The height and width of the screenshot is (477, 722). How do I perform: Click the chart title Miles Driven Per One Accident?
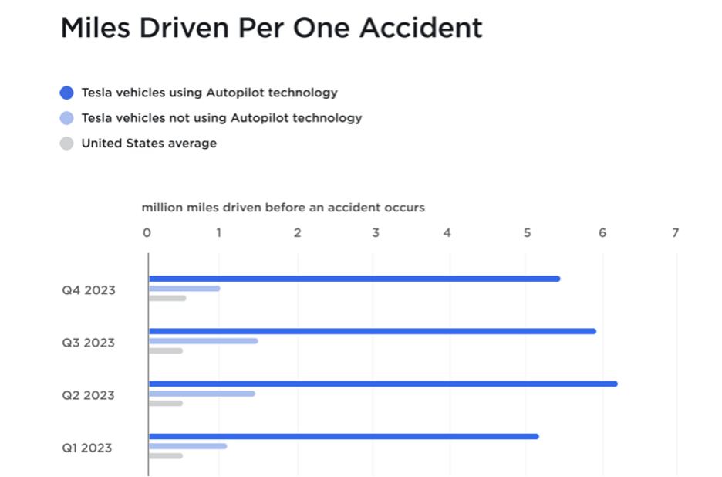pos(272,29)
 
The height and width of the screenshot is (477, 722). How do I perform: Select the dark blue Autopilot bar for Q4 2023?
pos(354,279)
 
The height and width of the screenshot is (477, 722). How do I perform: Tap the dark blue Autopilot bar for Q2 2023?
pos(383,384)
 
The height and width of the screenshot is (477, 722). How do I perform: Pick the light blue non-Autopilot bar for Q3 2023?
pos(203,341)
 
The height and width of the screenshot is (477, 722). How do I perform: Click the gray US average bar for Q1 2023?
pos(166,455)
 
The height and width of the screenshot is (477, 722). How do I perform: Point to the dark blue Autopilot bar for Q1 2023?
pos(343,436)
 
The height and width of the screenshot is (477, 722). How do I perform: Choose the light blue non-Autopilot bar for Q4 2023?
pos(184,289)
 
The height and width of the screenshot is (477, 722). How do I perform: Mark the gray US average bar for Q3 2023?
pos(166,350)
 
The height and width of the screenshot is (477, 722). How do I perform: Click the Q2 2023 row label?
pos(89,395)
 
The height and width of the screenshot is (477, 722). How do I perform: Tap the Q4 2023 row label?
pos(89,290)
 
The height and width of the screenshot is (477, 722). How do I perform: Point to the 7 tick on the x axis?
pos(676,233)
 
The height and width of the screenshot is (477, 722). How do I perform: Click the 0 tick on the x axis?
pos(147,233)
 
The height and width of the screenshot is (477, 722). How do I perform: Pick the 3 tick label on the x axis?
pos(375,233)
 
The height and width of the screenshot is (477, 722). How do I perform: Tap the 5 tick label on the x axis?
pos(527,233)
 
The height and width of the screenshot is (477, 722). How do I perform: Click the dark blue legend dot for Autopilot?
pos(66,93)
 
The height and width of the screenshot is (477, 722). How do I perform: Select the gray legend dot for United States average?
pos(66,144)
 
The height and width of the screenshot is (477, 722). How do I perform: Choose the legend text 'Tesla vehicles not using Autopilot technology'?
pos(221,118)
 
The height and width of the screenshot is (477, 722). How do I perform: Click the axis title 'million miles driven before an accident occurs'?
pos(283,208)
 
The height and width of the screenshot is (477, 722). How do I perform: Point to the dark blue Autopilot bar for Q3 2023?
pos(372,331)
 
